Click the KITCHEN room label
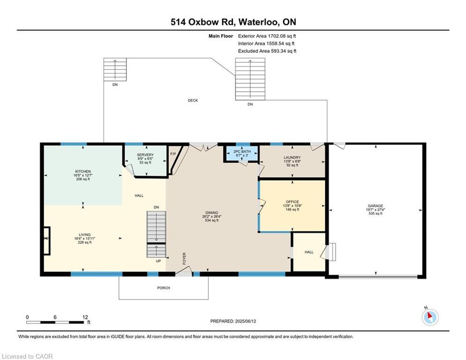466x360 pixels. (82, 172)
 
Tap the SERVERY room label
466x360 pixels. (145, 155)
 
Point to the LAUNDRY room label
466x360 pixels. (292, 157)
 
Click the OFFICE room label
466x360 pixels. (292, 202)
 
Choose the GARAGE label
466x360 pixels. (375, 206)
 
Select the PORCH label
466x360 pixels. (163, 288)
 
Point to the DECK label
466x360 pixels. (192, 100)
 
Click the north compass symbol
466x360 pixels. (429, 317)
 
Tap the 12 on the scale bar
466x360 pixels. (85, 317)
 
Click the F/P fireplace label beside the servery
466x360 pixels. (172, 154)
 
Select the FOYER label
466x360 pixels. (184, 258)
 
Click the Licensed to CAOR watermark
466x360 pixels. (27, 356)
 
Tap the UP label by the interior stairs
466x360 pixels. (159, 261)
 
